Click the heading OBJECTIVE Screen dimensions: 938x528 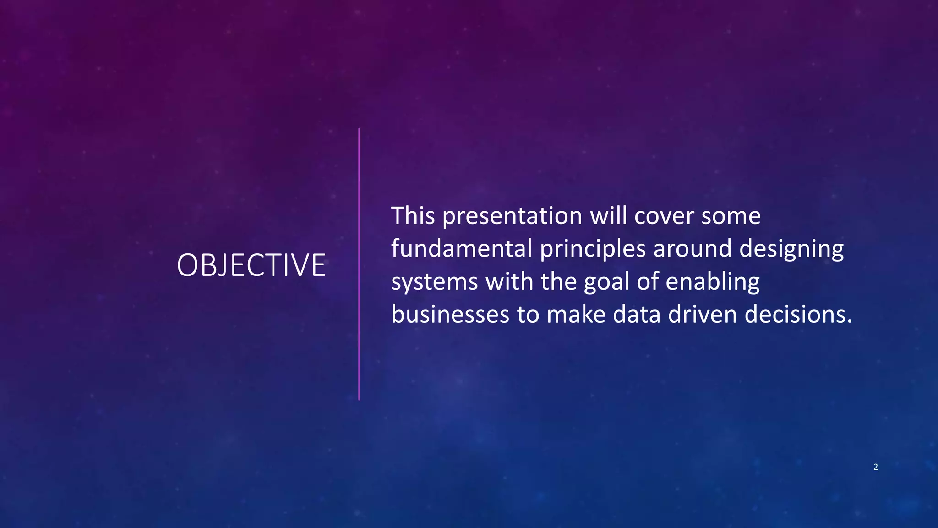(x=251, y=265)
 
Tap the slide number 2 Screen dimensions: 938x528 (x=875, y=467)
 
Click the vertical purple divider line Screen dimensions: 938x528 (x=359, y=264)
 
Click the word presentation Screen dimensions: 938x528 (x=512, y=216)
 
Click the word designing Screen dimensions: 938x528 (x=791, y=249)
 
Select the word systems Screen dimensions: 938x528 (x=434, y=282)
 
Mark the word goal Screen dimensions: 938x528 (x=606, y=282)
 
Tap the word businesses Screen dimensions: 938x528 (x=450, y=314)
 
